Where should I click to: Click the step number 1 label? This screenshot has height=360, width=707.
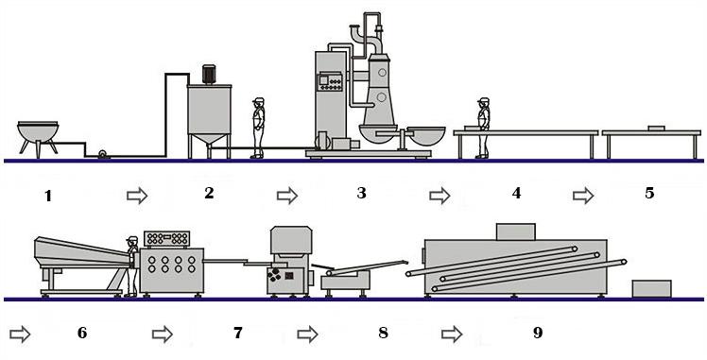click(x=48, y=196)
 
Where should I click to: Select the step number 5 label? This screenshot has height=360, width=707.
click(x=649, y=193)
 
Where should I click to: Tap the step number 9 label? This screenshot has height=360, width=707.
click(x=538, y=333)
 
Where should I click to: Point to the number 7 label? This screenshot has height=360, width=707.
click(x=237, y=333)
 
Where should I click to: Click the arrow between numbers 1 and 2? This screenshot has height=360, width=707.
click(x=137, y=196)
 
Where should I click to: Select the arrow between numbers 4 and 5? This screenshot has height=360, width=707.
click(x=583, y=196)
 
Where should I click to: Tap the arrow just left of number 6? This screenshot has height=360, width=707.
click(x=20, y=334)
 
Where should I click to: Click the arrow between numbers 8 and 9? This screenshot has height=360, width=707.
click(x=452, y=334)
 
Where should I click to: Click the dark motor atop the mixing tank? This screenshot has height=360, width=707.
click(x=208, y=75)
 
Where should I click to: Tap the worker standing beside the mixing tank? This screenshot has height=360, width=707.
click(x=258, y=128)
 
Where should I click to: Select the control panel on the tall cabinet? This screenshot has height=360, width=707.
click(x=330, y=81)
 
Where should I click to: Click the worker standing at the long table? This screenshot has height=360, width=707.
click(x=483, y=128)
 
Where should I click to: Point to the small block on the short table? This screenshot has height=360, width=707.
click(x=656, y=129)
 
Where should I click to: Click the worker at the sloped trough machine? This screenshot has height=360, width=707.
click(x=131, y=266)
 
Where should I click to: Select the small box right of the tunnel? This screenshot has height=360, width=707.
click(x=651, y=289)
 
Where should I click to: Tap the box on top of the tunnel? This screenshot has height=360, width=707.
click(x=515, y=231)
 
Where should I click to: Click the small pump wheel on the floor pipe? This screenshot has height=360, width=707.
click(x=103, y=154)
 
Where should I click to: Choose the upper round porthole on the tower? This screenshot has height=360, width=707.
click(x=382, y=72)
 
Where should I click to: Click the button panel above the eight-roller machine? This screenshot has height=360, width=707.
click(x=166, y=239)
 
